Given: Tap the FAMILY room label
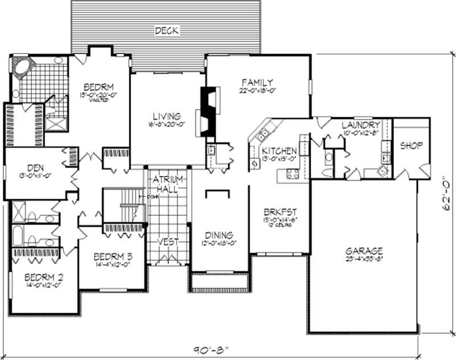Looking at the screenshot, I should (257, 82).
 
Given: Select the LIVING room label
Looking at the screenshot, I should (166, 116).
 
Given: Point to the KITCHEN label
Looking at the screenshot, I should (279, 151).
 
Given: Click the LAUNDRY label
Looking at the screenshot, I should (361, 125).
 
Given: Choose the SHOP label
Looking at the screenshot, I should (411, 146).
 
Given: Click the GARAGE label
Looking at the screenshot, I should (364, 251).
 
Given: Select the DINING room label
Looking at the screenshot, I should (219, 235).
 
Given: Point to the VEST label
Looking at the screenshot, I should (168, 241).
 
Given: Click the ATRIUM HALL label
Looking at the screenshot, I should (167, 183).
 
